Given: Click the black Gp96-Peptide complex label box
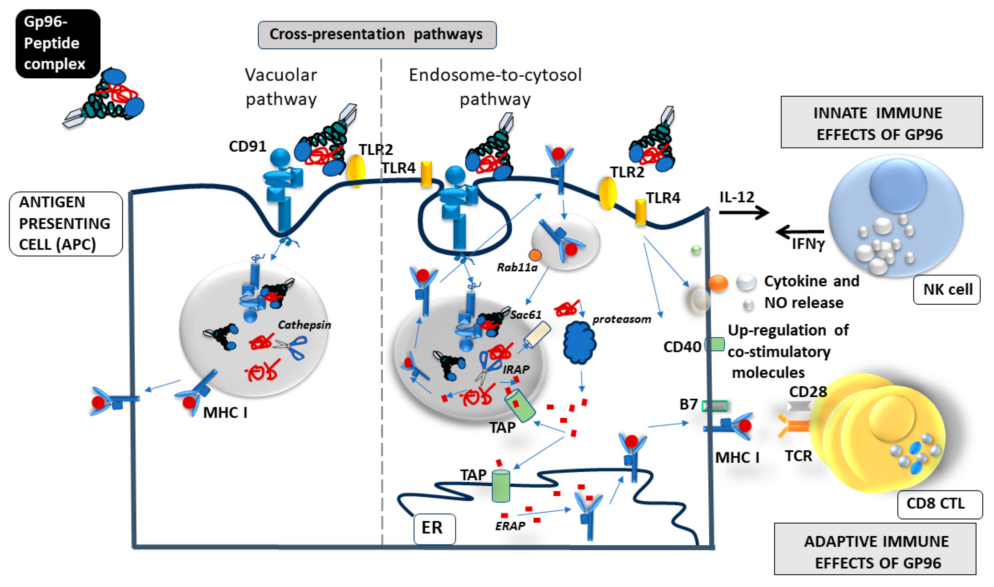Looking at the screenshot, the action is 58,43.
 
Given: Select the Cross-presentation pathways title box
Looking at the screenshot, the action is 377,35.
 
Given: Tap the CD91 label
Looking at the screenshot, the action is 247,146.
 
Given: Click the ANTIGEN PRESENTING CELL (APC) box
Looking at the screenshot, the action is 66,224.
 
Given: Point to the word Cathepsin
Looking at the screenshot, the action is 304,325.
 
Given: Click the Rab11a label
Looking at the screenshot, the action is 517,268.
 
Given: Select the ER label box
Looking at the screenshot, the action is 434,528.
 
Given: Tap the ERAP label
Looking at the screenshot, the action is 510,526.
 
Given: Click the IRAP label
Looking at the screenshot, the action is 516,369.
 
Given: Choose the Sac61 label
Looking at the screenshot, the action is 525,315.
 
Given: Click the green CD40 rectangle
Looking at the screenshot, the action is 715,344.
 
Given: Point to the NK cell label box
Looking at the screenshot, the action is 947,290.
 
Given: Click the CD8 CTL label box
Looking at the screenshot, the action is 940,504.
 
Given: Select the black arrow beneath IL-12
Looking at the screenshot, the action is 744,213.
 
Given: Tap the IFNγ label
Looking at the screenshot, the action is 808,244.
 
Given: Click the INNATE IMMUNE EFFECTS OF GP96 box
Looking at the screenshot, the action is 882,122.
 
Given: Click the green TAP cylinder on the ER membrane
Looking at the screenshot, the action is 501,485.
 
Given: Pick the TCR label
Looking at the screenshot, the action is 798,456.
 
